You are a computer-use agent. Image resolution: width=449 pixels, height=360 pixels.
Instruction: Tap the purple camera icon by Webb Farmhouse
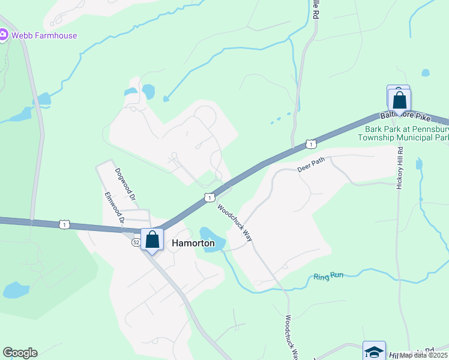point(2,35)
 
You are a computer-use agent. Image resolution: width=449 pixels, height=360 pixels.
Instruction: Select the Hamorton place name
point(193,243)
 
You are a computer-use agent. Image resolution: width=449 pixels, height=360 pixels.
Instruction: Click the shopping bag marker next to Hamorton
point(152,239)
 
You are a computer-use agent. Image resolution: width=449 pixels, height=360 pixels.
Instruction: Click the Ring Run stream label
point(328,277)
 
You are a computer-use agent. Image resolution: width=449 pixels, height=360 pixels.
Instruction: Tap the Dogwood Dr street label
point(126,184)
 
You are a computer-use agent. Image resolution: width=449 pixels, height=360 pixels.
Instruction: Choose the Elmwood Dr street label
point(114,208)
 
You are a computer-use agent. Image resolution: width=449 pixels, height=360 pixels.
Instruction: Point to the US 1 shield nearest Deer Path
point(310,143)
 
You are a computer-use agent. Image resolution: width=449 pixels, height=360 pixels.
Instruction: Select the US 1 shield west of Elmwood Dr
point(65,224)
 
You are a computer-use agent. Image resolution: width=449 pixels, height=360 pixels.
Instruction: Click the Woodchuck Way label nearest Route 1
point(234,223)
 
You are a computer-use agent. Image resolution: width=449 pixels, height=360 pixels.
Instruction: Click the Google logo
point(20,353)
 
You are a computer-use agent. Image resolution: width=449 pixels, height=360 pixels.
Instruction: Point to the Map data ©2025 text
point(423,355)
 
